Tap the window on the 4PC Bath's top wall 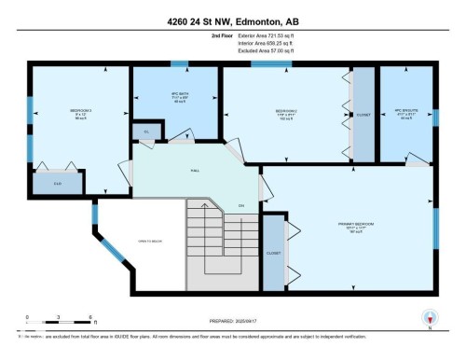pos(175,63)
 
